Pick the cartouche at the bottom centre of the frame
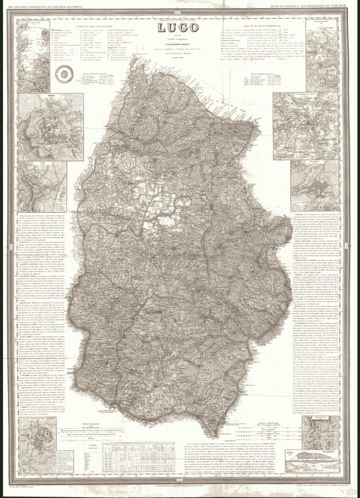click(180, 482)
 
